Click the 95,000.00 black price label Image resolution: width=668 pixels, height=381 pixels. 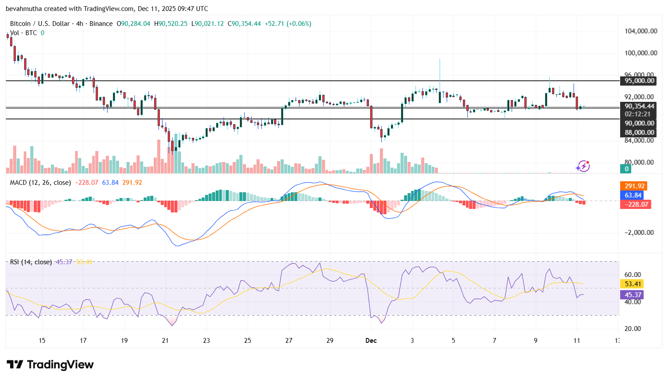[639, 81]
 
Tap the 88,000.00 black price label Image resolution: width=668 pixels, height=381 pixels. [639, 133]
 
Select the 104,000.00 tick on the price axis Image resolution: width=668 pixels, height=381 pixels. [641, 31]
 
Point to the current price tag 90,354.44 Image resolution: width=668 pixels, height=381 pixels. [639, 106]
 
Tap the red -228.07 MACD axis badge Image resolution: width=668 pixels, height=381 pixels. [635, 205]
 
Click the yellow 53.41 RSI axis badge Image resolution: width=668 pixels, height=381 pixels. [632, 284]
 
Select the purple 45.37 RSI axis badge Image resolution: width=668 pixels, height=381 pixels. [632, 295]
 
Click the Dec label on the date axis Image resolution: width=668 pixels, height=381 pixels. [371, 341]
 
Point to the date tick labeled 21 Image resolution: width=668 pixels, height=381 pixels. [165, 341]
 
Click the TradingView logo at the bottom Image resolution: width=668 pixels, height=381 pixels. [50, 365]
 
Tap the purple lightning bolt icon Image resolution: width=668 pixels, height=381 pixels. [583, 166]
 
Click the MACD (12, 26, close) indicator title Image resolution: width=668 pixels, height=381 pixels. [40, 183]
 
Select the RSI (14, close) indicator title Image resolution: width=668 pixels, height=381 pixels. [31, 262]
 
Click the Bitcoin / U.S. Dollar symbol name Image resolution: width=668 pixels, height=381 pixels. [40, 24]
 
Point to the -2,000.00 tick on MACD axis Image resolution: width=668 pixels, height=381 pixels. [639, 233]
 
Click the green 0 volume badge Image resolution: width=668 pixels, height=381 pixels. [626, 169]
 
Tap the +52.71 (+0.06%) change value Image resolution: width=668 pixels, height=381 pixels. [288, 24]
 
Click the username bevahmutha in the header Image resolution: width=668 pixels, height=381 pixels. [23, 9]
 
